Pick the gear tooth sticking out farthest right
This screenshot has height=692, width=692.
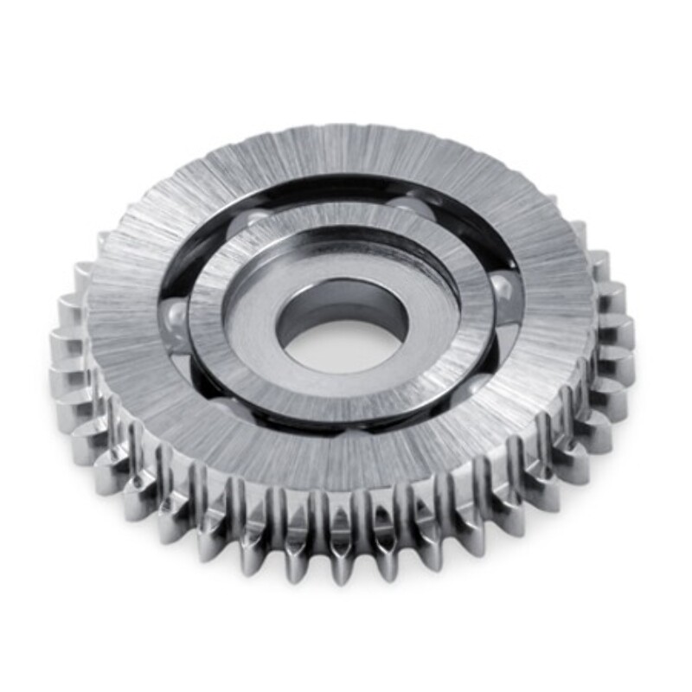pos(625,329)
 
